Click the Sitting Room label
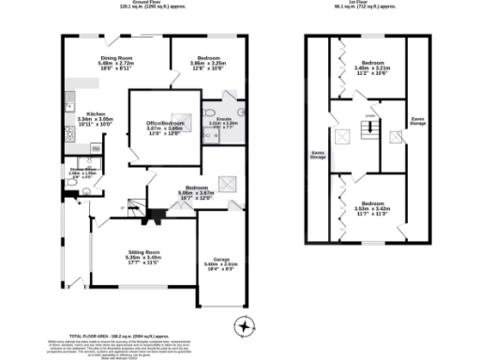pos(144,256)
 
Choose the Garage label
pos(223,266)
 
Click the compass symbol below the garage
pos(245,327)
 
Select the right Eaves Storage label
pos(417,121)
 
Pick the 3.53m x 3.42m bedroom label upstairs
pos(372,208)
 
